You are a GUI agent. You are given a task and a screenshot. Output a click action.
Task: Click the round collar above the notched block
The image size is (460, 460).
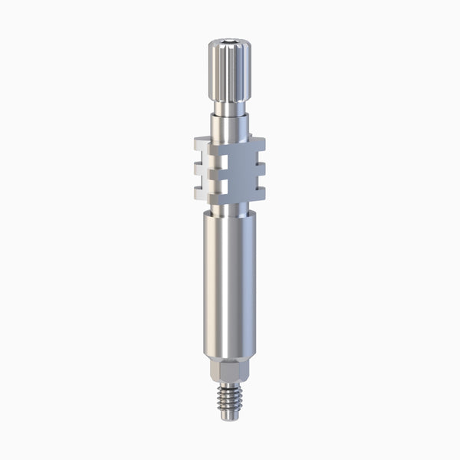[230, 123]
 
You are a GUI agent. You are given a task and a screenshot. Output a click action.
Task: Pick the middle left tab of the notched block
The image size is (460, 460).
[202, 163]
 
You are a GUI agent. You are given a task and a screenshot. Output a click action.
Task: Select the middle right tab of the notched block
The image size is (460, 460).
[260, 163]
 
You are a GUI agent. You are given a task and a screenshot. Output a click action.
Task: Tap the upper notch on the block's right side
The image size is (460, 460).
[257, 153]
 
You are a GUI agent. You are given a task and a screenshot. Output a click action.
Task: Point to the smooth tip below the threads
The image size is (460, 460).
[230, 419]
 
